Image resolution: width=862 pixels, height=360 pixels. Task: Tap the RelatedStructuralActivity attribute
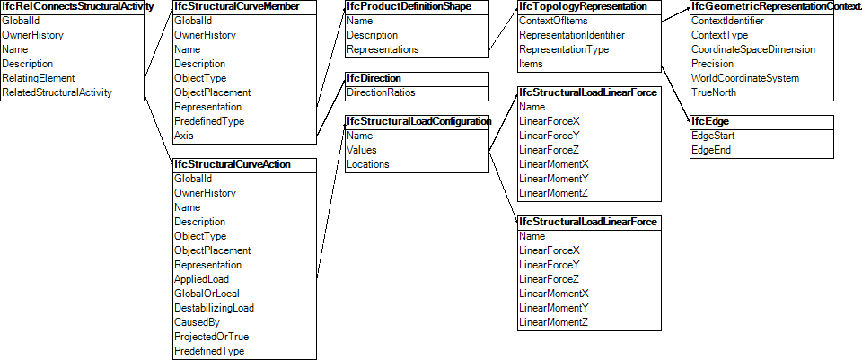pos(57,92)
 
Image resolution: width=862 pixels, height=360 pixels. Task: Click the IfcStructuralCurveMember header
pos(236,6)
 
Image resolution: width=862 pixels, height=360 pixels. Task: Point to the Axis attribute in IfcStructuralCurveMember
pos(183,136)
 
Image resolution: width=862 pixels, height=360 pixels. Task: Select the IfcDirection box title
pos(374,78)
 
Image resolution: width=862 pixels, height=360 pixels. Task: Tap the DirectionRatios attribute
pos(381,92)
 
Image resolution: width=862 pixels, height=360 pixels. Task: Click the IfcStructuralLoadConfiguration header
pos(418,121)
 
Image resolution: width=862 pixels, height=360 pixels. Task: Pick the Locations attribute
pos(368,164)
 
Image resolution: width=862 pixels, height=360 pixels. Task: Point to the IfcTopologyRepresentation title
pos(583,6)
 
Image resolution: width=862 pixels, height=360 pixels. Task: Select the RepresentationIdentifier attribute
pos(572,35)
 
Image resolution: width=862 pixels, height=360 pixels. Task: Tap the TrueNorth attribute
pos(714,92)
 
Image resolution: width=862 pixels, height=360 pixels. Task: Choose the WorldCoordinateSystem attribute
pos(744,78)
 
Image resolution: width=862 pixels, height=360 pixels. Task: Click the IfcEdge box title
pos(708,121)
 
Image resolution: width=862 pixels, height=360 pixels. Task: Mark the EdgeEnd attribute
pos(711,150)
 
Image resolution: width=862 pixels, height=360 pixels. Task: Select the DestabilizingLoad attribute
pos(214,308)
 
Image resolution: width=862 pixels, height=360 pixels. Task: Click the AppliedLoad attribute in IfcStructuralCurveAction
pos(201,279)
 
